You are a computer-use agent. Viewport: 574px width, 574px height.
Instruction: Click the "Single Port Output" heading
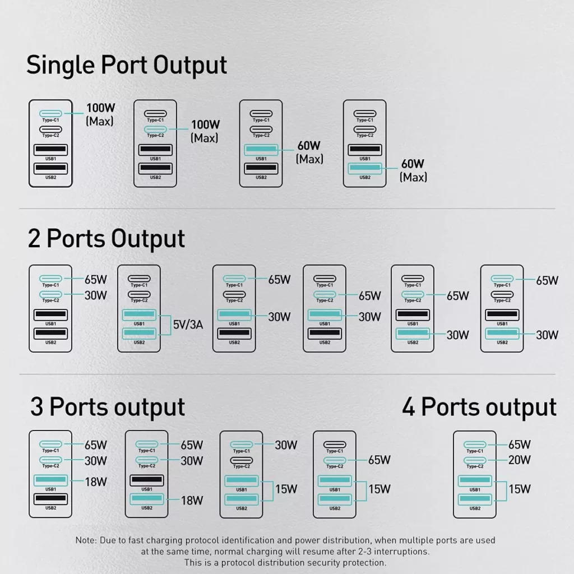(x=127, y=65)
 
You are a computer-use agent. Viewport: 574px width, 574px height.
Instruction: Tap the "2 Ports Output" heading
(x=106, y=238)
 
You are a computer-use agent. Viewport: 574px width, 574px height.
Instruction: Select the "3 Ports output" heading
(x=107, y=407)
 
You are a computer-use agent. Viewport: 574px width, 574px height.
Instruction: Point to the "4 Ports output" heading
(x=479, y=407)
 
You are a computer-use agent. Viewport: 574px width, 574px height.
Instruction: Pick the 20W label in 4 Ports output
(x=519, y=461)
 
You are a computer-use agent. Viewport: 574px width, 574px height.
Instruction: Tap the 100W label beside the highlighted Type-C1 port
(x=100, y=107)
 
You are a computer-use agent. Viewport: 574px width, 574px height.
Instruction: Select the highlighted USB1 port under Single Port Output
(x=261, y=150)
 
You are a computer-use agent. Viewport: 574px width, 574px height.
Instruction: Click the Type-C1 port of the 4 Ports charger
(x=475, y=445)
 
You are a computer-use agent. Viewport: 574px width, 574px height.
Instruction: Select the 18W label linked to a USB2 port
(x=191, y=501)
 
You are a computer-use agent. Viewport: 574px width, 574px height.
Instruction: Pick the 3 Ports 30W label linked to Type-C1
(x=286, y=445)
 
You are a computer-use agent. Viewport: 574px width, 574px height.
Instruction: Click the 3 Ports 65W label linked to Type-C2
(x=379, y=460)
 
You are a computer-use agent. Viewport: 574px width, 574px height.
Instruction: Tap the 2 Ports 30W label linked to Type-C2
(x=95, y=295)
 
